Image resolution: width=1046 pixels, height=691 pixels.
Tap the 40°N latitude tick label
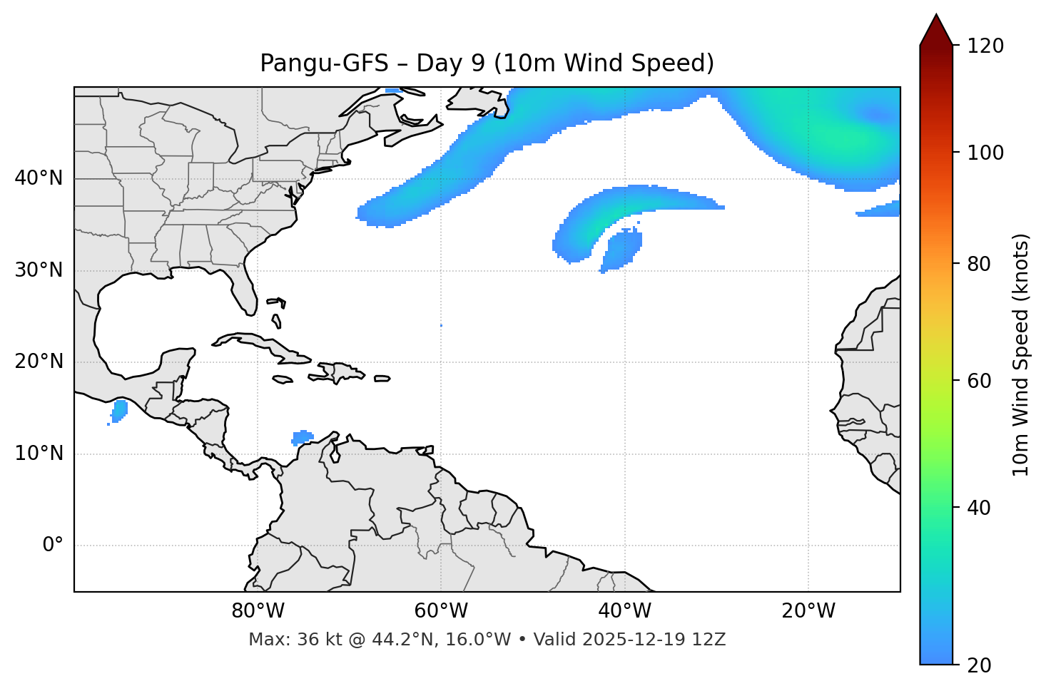pyautogui.click(x=39, y=178)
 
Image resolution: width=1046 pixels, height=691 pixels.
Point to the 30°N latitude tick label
pyautogui.click(x=39, y=270)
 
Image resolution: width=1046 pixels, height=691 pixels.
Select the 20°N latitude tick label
pyautogui.click(x=39, y=362)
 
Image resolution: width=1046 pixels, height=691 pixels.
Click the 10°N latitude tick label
pyautogui.click(x=39, y=454)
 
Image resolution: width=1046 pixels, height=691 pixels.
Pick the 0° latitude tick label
pyautogui.click(x=53, y=546)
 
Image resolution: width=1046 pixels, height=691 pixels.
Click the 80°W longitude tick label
pyautogui.click(x=258, y=611)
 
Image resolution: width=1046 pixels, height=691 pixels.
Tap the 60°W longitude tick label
pyautogui.click(x=441, y=611)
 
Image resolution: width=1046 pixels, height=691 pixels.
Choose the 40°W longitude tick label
pyautogui.click(x=624, y=611)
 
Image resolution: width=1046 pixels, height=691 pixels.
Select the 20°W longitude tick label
pyautogui.click(x=808, y=611)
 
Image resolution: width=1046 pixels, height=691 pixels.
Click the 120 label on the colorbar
pyautogui.click(x=986, y=46)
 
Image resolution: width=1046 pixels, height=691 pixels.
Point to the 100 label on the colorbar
pyautogui.click(x=986, y=153)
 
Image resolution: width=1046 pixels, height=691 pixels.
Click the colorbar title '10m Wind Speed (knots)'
pyautogui.click(x=1021, y=355)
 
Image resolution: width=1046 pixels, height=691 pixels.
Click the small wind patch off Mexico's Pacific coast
pyautogui.click(x=118, y=411)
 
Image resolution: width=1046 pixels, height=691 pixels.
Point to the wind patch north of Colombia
pyautogui.click(x=303, y=436)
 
